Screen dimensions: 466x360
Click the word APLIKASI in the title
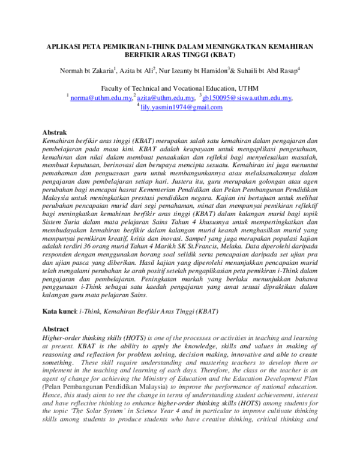(x=65, y=46)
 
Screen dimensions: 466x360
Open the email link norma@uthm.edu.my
(x=101, y=97)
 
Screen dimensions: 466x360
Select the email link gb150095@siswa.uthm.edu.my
(x=247, y=97)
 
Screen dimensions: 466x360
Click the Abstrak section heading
(x=55, y=132)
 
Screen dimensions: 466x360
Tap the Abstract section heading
(x=55, y=329)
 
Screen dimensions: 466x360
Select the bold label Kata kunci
(x=59, y=312)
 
